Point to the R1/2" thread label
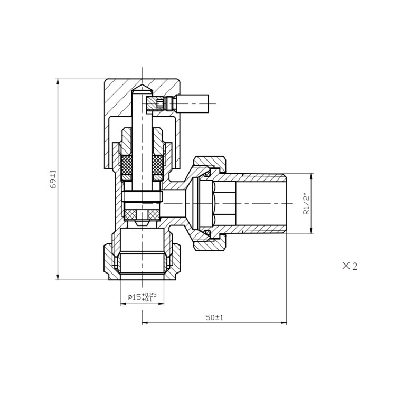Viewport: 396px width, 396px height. point(306,203)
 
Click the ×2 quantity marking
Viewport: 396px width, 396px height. point(350,266)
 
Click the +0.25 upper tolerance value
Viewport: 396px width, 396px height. point(149,294)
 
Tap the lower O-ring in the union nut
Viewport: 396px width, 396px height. point(207,234)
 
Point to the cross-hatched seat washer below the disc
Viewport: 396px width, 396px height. point(142,214)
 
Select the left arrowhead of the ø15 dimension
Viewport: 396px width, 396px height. point(123,304)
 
